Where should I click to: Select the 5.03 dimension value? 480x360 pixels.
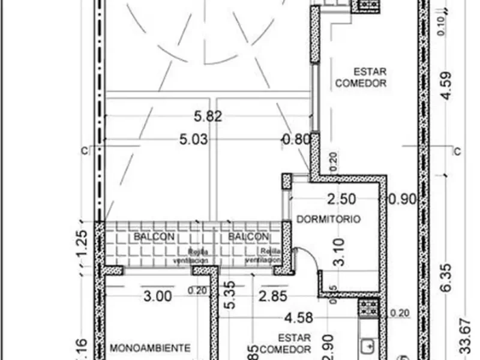coord(194,140)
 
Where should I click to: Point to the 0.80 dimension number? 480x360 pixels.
coord(296,140)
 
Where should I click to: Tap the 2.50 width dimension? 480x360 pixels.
coord(341,199)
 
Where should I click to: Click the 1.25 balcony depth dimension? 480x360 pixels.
coord(84,247)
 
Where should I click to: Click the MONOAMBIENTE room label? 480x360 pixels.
coord(151,347)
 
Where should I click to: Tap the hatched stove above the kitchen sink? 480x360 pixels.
coord(368,308)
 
